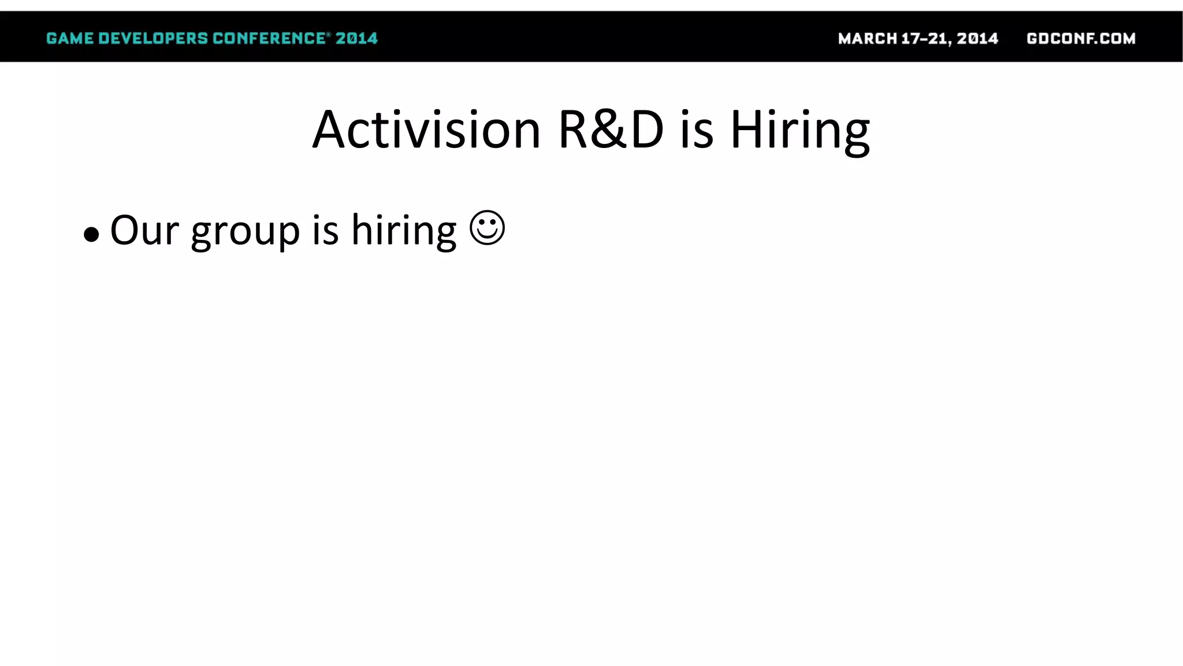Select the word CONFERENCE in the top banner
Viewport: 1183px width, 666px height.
tap(269, 39)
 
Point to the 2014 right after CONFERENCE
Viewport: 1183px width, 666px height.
tap(356, 39)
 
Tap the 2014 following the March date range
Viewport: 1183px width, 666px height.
tap(977, 39)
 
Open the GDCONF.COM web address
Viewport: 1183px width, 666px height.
tap(1081, 39)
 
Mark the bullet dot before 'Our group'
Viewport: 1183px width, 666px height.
tap(91, 235)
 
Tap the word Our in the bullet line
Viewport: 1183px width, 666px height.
tap(144, 230)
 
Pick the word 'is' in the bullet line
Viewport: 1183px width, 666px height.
tap(325, 230)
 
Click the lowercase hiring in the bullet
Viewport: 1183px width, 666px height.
tap(404, 231)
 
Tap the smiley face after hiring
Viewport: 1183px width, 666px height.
tap(488, 228)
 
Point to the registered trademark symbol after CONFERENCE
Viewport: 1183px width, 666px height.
tap(329, 35)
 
